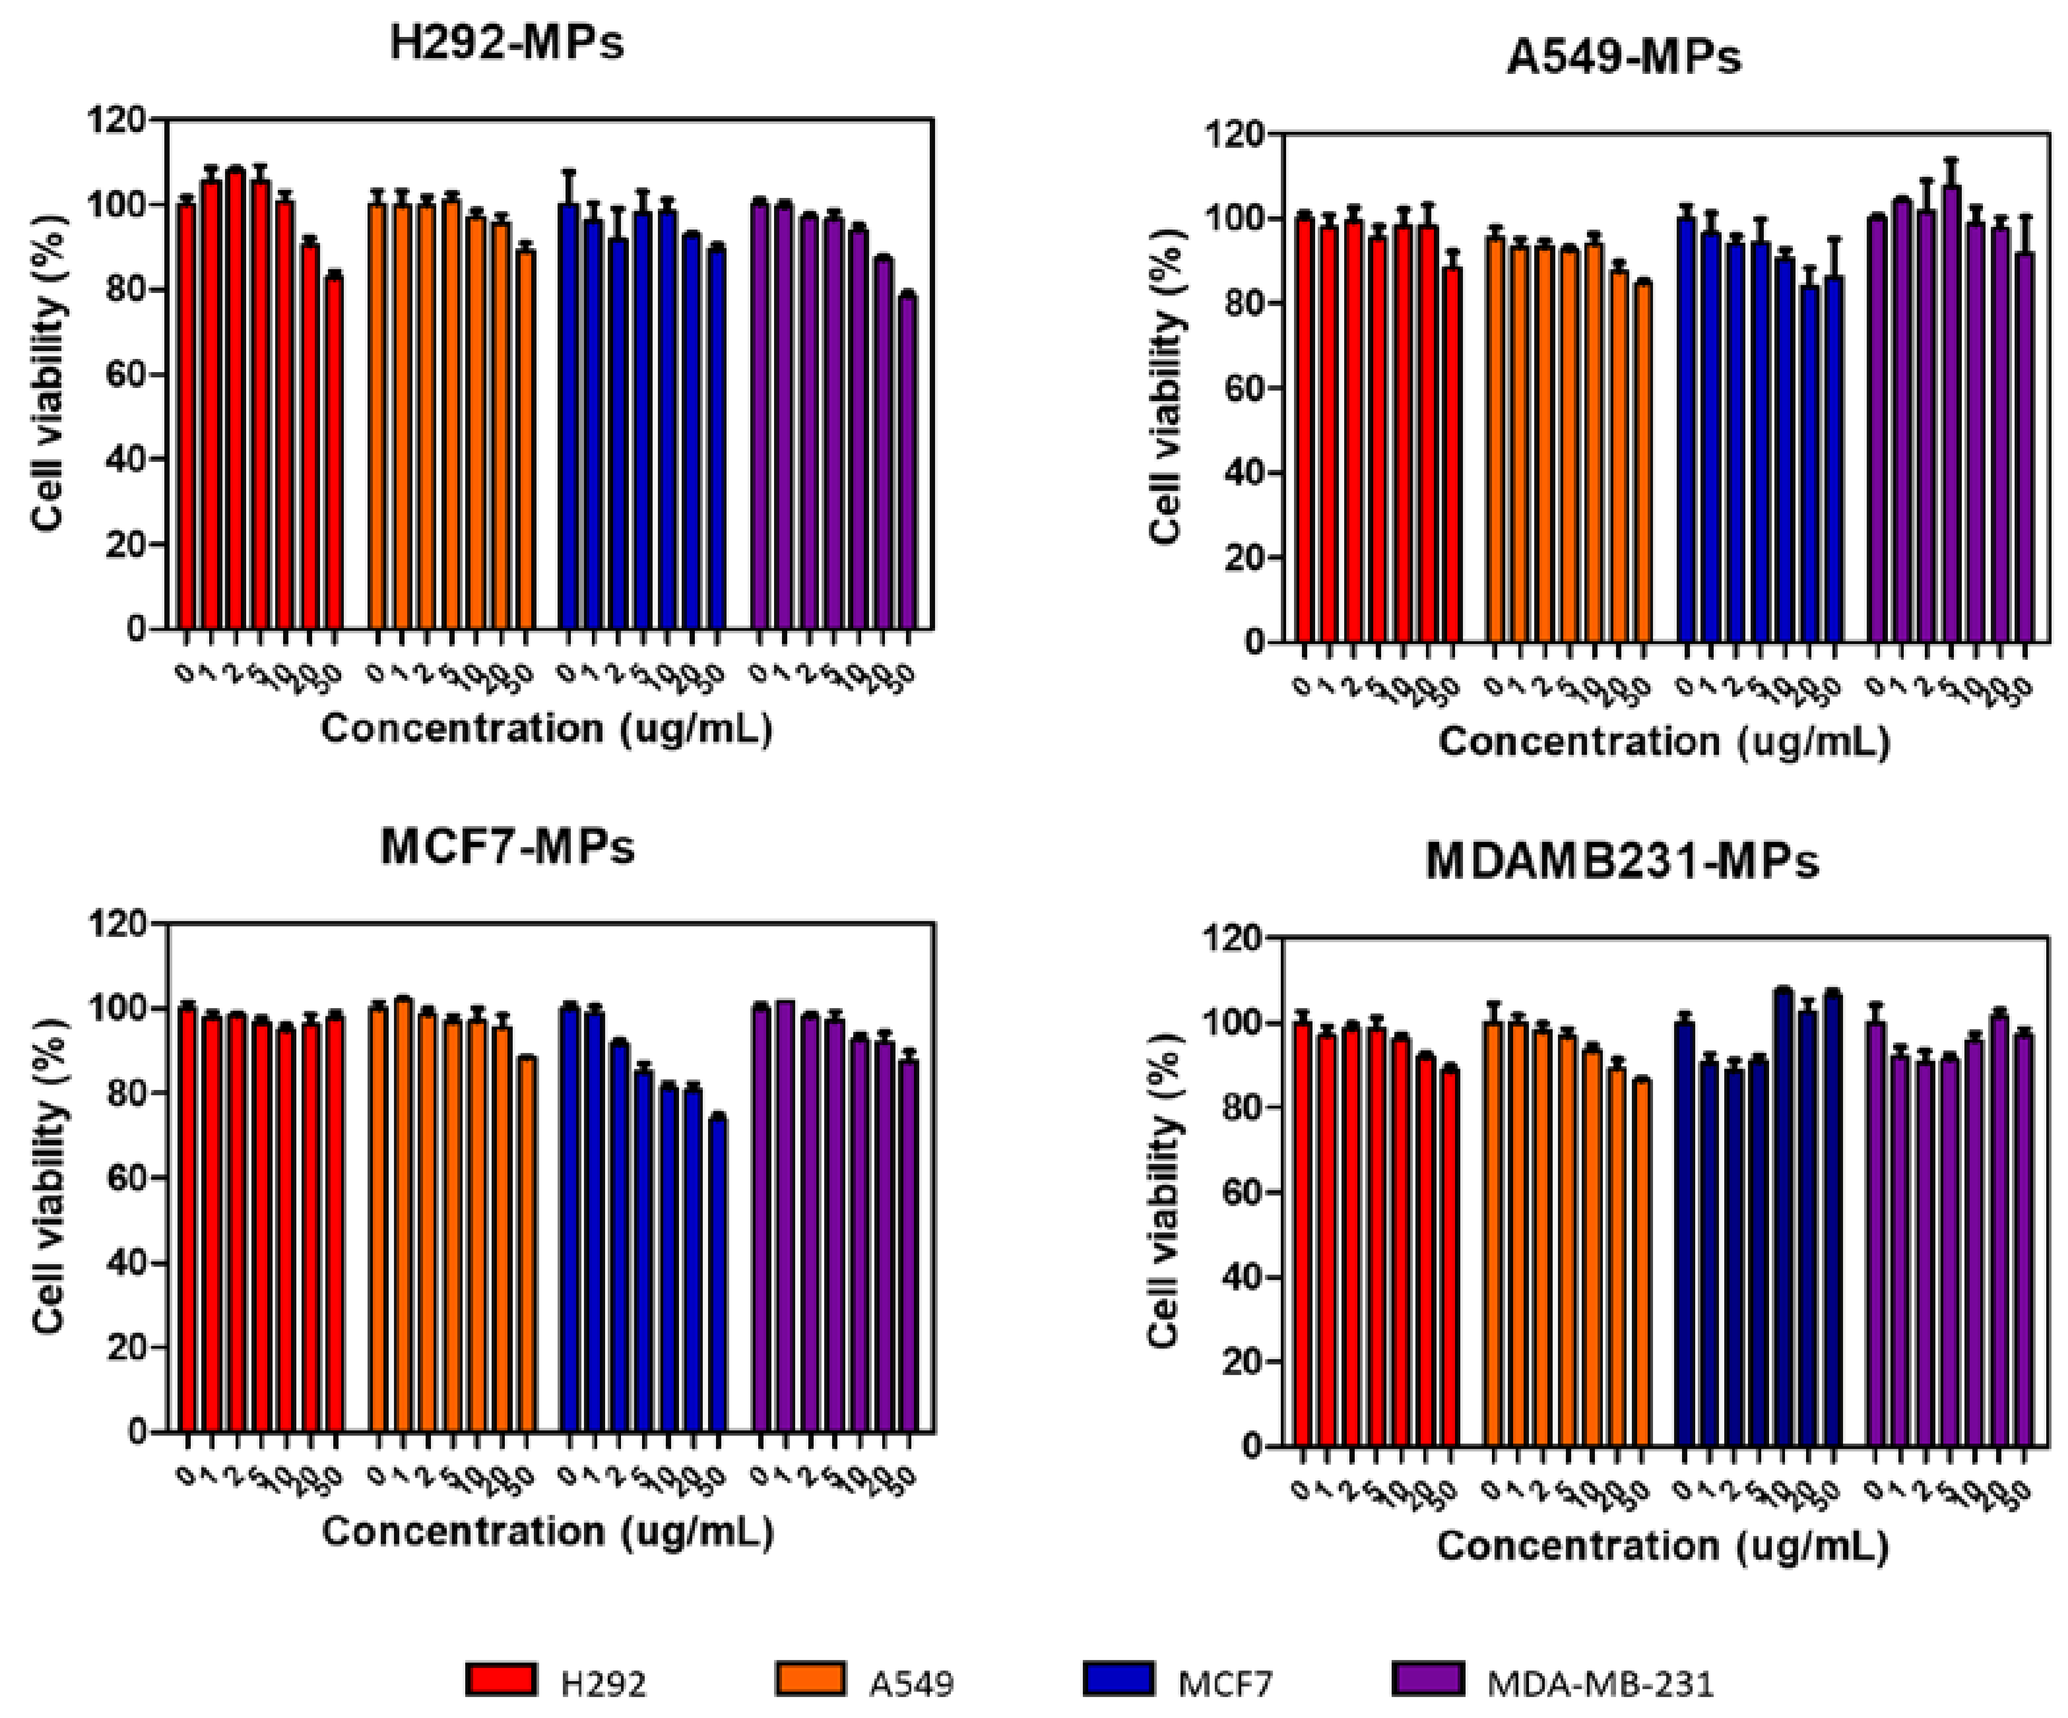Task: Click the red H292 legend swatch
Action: click(501, 1678)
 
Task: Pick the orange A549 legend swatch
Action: click(810, 1678)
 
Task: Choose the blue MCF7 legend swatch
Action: click(1118, 1678)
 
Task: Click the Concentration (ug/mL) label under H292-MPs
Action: click(546, 728)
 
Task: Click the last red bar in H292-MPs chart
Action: click(335, 453)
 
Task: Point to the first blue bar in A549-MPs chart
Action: click(1687, 430)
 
